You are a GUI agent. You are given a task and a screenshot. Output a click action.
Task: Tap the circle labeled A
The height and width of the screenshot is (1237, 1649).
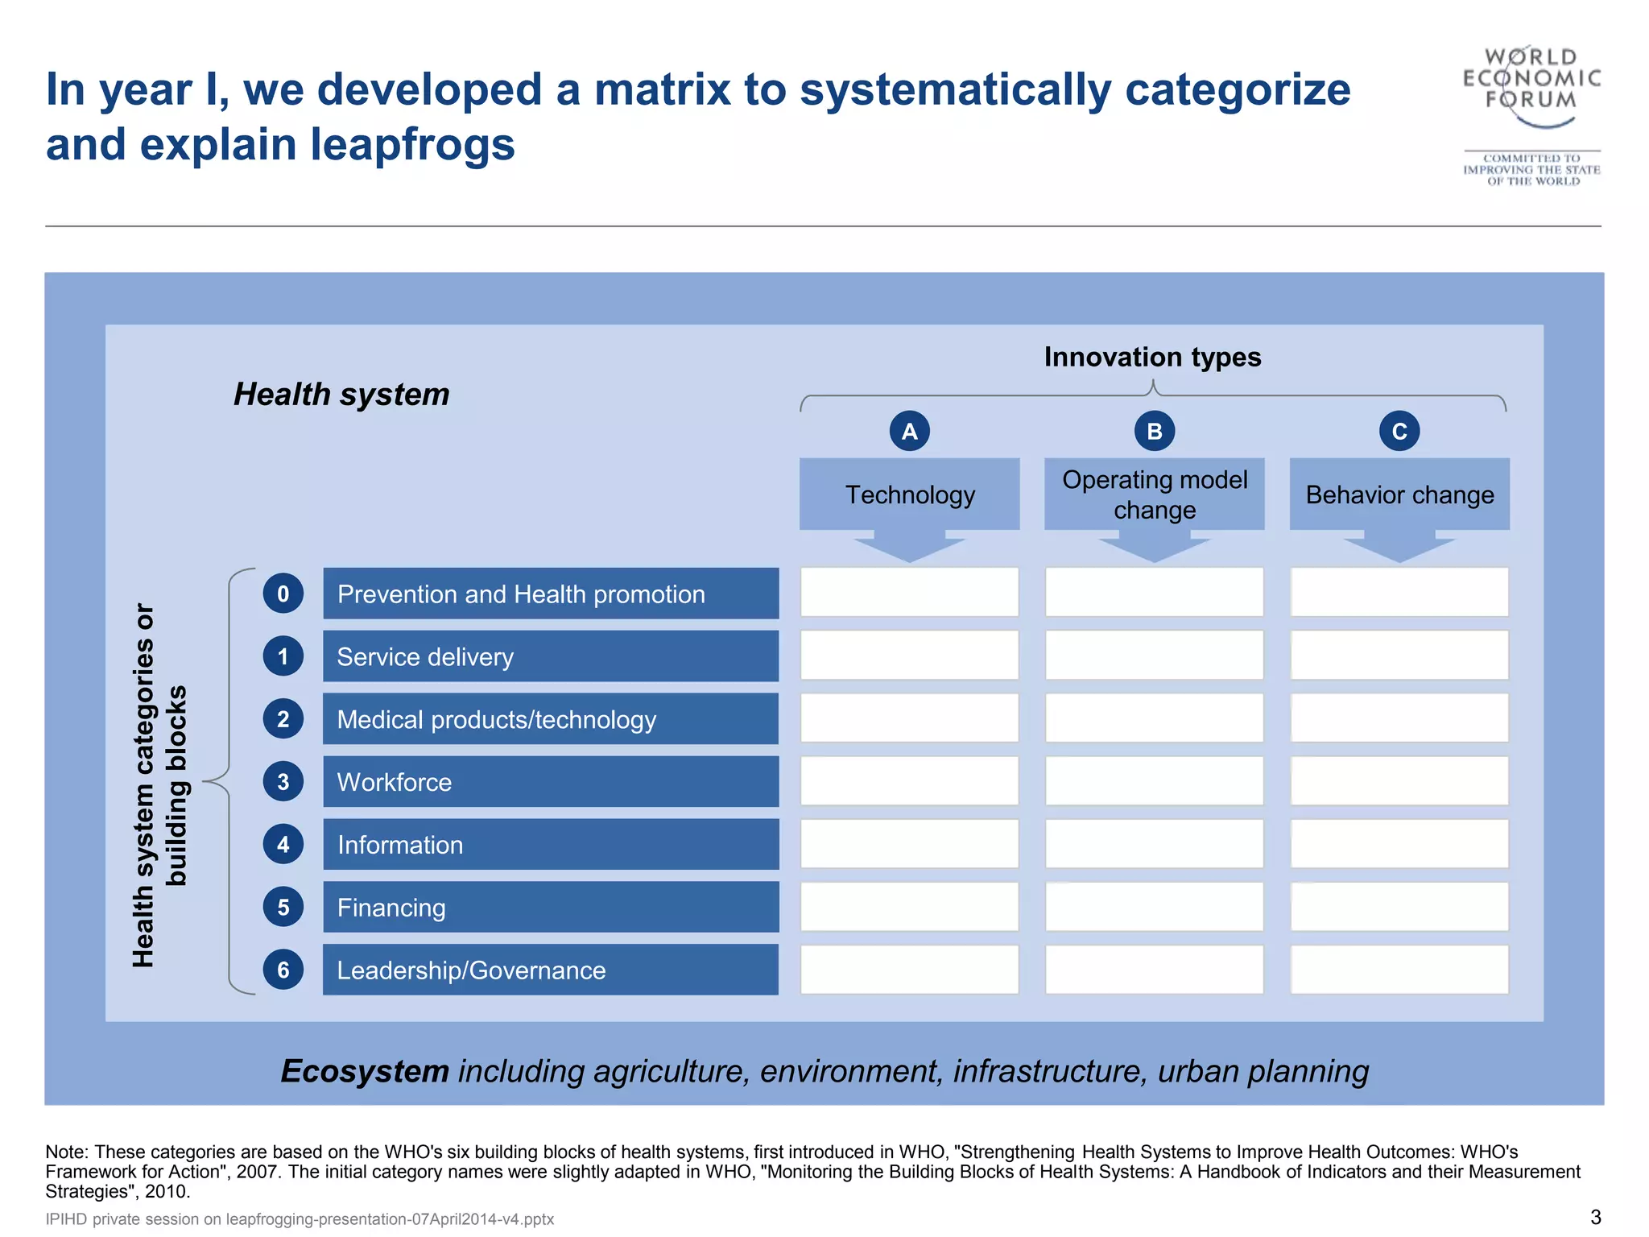[x=909, y=431]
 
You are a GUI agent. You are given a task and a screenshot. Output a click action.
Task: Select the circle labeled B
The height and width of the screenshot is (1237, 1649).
[x=1154, y=431]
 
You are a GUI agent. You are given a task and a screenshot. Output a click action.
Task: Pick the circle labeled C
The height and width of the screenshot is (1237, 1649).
[x=1399, y=431]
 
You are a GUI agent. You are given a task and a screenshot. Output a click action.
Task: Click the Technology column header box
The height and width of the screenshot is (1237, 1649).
[x=909, y=494]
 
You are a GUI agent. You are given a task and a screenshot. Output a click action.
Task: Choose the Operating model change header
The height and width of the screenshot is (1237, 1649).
[x=1154, y=494]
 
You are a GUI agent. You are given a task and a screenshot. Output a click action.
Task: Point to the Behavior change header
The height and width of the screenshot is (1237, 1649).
[x=1399, y=494]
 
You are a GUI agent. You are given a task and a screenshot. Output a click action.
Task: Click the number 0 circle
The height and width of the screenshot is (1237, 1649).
[x=283, y=594]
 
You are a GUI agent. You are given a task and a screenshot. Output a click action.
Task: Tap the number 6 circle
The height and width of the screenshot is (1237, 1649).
[x=283, y=969]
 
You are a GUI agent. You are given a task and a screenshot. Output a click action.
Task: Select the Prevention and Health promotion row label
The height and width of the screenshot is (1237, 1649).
[x=551, y=594]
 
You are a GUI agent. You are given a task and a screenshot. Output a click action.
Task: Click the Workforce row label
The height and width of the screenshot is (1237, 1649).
[x=551, y=781]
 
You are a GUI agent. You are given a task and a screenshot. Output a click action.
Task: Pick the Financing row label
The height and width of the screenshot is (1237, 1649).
[x=551, y=907]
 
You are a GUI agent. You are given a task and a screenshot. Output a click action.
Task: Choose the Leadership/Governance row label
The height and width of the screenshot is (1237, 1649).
[x=551, y=970]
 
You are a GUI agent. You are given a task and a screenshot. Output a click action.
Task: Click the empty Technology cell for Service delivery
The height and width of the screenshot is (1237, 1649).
[x=909, y=656]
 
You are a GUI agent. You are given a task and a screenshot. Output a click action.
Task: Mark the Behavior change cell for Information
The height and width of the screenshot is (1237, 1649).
[x=1399, y=844]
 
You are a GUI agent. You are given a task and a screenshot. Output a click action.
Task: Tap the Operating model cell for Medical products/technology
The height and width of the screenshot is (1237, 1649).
[x=1154, y=718]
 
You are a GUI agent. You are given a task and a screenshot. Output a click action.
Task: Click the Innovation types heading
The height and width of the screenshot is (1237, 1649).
[x=1152, y=357]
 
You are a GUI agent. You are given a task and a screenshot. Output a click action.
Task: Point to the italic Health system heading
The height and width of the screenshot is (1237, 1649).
[x=341, y=394]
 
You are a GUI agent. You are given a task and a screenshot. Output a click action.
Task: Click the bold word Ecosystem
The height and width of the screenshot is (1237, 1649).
[x=365, y=1071]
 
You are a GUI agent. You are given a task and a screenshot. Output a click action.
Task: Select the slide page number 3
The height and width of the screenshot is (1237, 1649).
[x=1595, y=1217]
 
